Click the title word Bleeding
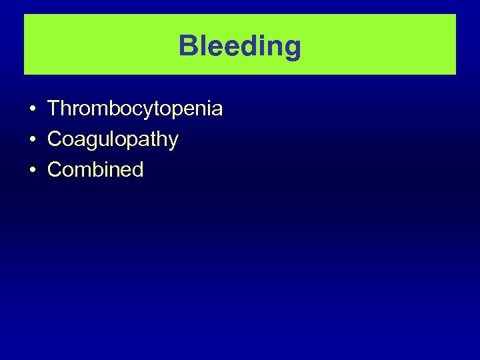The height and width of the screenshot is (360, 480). click(240, 46)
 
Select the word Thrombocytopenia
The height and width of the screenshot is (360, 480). click(135, 109)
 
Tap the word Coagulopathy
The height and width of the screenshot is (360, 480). click(113, 139)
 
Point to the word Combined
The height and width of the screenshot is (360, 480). click(95, 169)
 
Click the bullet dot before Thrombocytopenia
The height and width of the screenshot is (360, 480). click(32, 109)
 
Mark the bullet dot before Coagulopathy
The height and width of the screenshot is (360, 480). click(32, 139)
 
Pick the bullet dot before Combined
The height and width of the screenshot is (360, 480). click(32, 170)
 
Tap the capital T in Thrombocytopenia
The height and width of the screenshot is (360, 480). click(54, 108)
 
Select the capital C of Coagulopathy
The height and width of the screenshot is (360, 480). click(55, 139)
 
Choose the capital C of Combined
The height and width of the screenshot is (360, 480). click(55, 169)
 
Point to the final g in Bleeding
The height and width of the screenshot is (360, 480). click(292, 49)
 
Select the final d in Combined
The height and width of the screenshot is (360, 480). click(137, 169)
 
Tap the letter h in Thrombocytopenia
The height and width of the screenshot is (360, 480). click(66, 108)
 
